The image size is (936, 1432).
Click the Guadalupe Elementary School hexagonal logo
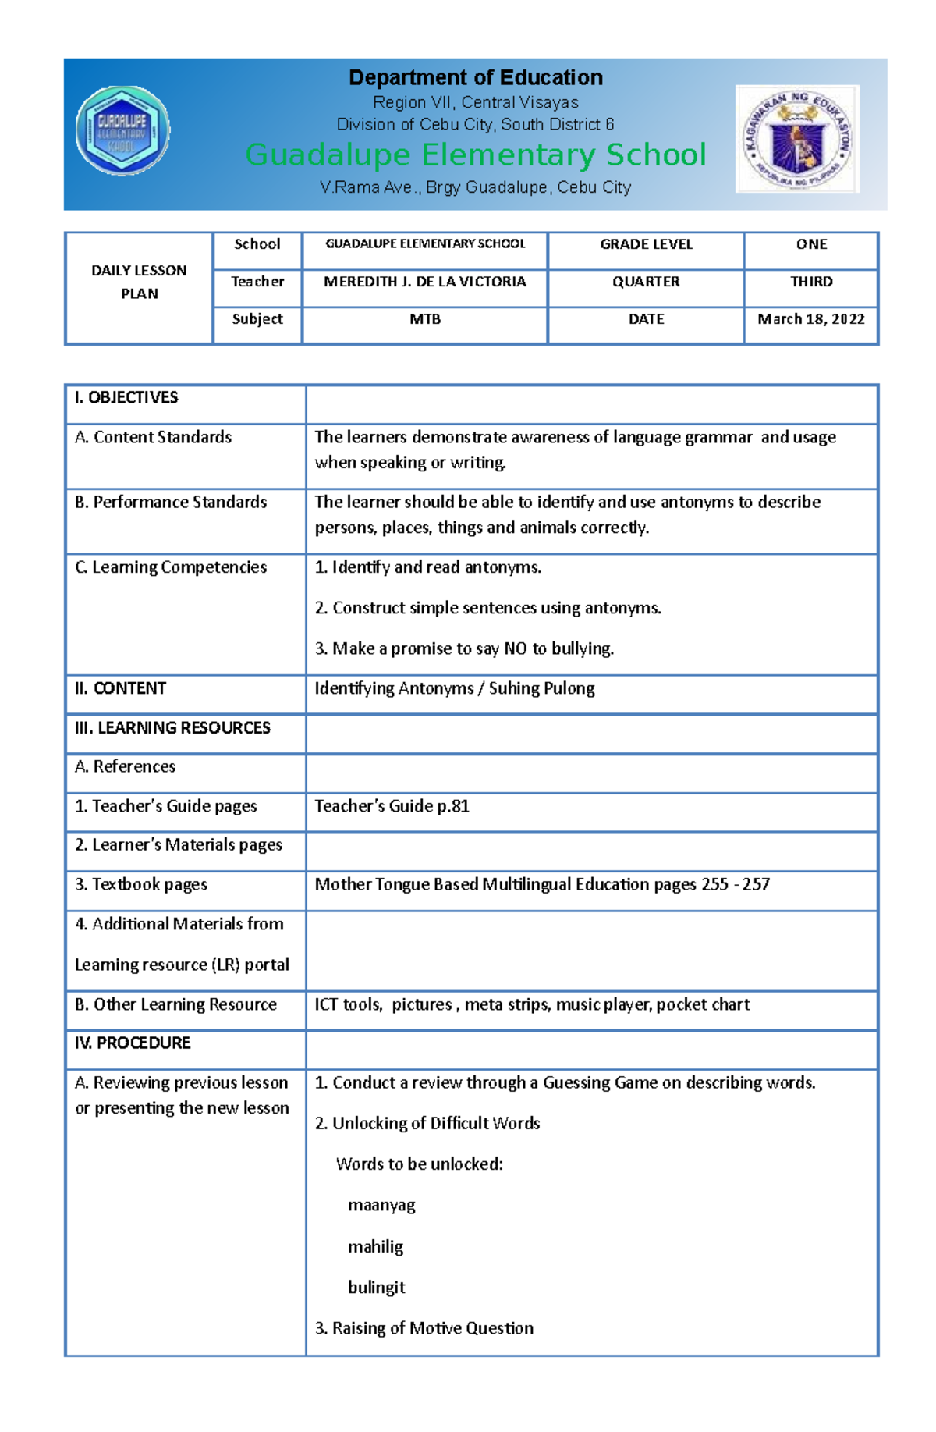(x=122, y=130)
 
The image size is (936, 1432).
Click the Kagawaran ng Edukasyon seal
(x=797, y=139)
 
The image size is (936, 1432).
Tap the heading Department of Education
(x=475, y=77)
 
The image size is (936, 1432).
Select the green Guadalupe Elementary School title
(x=475, y=155)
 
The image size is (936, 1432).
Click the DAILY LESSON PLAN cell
(x=139, y=282)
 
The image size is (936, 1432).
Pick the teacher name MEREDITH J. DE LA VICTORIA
(x=424, y=282)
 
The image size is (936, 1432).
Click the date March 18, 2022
(x=810, y=319)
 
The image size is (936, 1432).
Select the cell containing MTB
(x=424, y=319)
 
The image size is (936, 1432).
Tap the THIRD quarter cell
(x=810, y=282)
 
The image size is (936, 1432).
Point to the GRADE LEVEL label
(x=646, y=244)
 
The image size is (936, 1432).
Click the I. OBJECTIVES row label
(x=126, y=398)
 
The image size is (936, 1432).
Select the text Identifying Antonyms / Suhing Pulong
(x=454, y=688)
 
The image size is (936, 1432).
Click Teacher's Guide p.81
(x=392, y=806)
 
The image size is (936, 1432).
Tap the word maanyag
(x=381, y=1205)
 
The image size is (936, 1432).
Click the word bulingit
(x=376, y=1287)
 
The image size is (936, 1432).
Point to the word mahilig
(x=375, y=1246)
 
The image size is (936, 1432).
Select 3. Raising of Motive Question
(x=424, y=1328)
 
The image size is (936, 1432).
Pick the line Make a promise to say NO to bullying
(x=464, y=648)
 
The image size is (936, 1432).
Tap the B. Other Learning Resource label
(x=175, y=1004)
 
